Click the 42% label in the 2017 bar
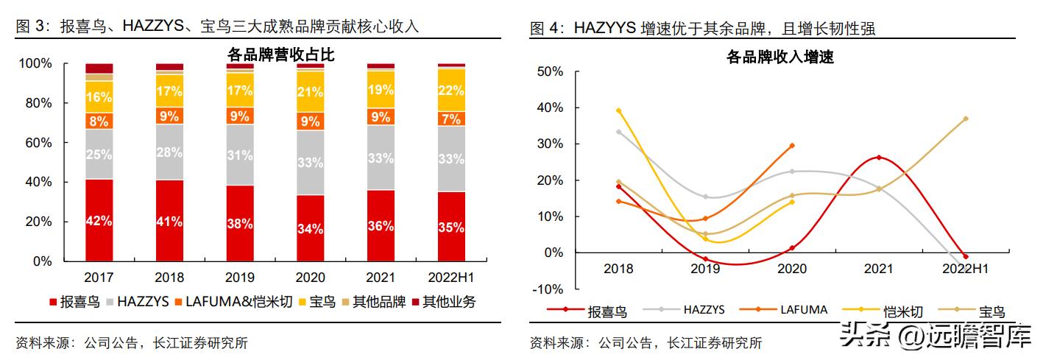click(99, 221)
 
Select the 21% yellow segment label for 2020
click(310, 92)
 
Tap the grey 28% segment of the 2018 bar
click(169, 152)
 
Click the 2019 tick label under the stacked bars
click(240, 278)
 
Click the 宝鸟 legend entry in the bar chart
click(316, 302)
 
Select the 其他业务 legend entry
click(442, 302)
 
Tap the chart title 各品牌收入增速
click(779, 57)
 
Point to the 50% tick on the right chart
click(551, 71)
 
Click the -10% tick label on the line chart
click(549, 289)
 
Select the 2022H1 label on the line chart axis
click(965, 269)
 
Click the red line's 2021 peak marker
click(879, 158)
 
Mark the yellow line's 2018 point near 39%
click(618, 111)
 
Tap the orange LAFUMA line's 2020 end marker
click(792, 146)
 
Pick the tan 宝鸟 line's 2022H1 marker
click(965, 119)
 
